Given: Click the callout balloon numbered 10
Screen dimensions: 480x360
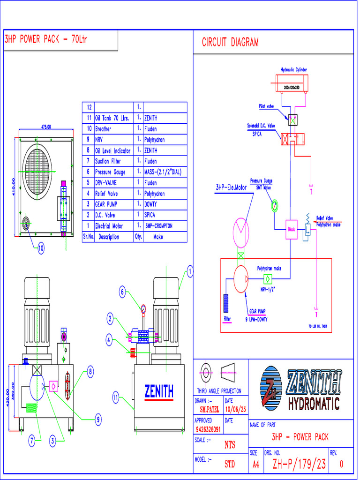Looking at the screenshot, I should [x=41, y=249].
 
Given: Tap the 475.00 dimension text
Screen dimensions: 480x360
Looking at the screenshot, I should [x=46, y=127].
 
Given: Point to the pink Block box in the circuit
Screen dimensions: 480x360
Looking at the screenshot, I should [x=292, y=230].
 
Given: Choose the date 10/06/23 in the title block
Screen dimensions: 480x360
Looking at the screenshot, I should [x=235, y=410].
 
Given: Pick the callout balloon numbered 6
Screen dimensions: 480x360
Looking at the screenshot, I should [x=122, y=292].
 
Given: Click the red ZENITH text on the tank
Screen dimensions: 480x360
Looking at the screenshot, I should [x=159, y=390].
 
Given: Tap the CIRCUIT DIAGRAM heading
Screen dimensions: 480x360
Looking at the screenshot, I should [x=230, y=43].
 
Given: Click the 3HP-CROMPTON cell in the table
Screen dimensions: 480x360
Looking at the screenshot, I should [x=158, y=226].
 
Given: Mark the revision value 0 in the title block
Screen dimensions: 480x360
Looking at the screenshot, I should [x=341, y=464].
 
